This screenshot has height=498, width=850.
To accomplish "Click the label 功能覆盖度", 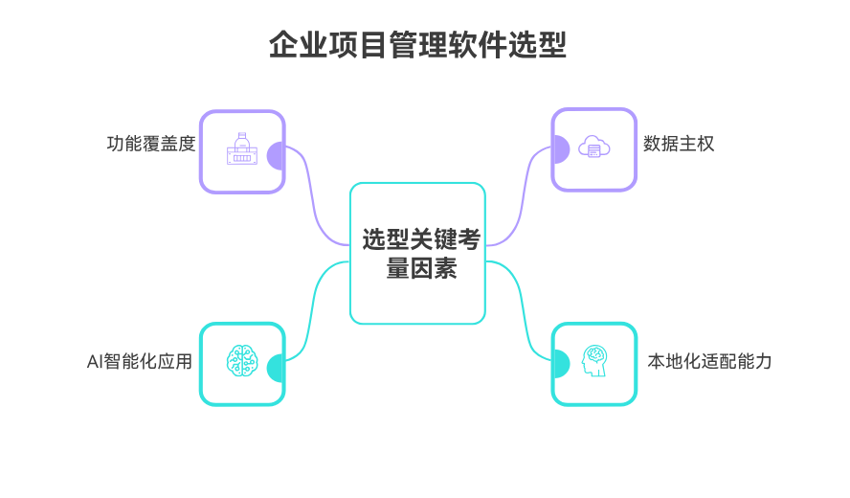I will click(151, 145).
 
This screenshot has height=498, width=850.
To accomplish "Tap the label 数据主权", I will click(679, 145).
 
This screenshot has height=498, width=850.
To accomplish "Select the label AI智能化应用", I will click(140, 362).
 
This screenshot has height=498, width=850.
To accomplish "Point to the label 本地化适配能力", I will click(709, 362).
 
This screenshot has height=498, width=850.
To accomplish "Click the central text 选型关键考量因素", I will click(419, 254).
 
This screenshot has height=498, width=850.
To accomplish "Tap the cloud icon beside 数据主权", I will click(595, 147).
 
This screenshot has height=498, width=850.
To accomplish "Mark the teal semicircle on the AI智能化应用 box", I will click(275, 368).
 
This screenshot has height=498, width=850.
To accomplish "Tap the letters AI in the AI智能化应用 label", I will click(94, 362).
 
